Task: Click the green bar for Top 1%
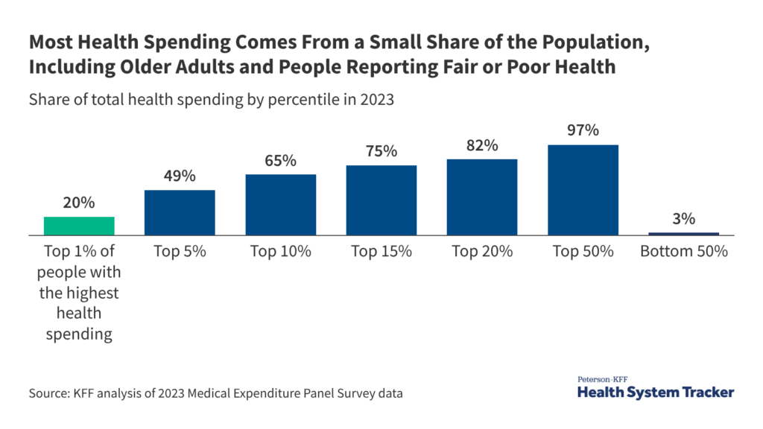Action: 79,226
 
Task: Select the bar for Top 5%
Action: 180,212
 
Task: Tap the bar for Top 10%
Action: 281,205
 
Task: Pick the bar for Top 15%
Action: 381,200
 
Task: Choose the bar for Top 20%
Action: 482,197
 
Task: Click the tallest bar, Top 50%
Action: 583,190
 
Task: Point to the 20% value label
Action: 79,203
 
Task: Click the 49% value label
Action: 180,176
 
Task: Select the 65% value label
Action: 281,160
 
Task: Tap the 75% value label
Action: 381,151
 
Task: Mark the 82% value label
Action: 482,145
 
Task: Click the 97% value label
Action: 583,130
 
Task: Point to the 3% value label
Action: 683,219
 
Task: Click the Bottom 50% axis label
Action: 683,252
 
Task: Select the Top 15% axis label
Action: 381,252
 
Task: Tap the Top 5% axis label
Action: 180,252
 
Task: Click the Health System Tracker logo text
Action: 656,392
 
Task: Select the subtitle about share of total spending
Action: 211,101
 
